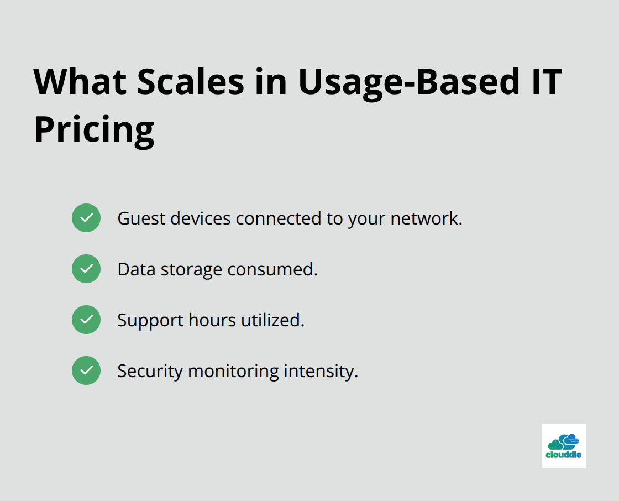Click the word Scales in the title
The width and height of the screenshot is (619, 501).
[x=190, y=81]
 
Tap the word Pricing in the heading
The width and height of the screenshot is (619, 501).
[x=94, y=130]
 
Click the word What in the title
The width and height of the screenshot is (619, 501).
[x=81, y=81]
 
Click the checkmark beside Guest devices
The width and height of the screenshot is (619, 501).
[x=86, y=218]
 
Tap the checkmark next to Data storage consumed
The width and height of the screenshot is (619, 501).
[x=86, y=269]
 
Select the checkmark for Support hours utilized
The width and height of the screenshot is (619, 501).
[x=86, y=320]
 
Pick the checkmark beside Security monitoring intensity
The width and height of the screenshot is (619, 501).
[x=86, y=370]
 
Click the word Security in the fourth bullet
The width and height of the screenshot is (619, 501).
[x=150, y=371]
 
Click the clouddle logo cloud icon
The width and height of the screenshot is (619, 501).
[x=563, y=441]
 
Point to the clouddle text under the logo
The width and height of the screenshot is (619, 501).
[x=563, y=456]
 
